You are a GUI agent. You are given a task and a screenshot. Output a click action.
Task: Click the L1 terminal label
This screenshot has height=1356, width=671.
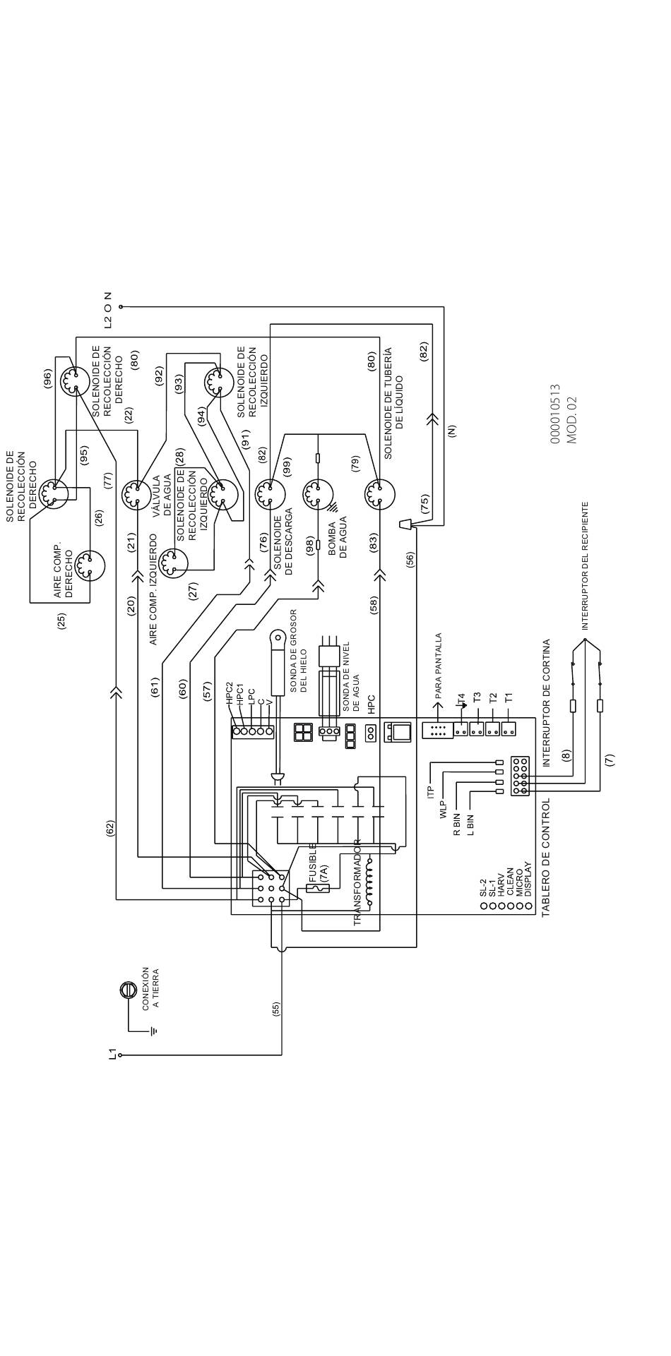(112, 1055)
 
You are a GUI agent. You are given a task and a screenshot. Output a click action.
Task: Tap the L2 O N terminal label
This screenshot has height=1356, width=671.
(107, 309)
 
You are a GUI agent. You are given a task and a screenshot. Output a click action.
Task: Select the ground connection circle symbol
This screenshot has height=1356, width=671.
(127, 990)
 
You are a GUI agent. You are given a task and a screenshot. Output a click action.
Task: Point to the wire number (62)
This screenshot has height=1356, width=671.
(109, 829)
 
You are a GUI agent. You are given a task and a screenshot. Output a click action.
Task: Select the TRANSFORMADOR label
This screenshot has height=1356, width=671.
(357, 882)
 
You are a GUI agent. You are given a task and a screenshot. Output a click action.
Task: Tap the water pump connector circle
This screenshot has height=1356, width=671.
(315, 495)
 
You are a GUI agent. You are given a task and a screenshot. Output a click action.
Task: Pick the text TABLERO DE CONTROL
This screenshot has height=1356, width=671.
(545, 858)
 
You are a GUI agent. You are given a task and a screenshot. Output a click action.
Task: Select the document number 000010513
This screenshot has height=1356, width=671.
(555, 414)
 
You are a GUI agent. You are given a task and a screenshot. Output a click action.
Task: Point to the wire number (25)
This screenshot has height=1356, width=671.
(62, 621)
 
